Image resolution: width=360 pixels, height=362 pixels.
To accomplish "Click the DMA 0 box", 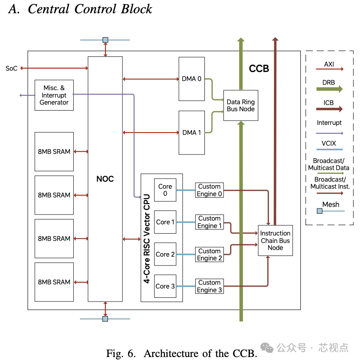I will click(192, 79).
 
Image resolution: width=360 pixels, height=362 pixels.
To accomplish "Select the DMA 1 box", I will click(192, 133).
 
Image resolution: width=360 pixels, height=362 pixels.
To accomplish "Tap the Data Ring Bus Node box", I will click(240, 106).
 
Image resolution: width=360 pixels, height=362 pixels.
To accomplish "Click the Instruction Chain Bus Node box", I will click(275, 241).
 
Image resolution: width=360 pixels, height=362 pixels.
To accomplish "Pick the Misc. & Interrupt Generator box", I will click(54, 95).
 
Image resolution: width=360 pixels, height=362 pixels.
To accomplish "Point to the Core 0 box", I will click(165, 190).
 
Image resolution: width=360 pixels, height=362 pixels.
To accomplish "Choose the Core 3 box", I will click(165, 286).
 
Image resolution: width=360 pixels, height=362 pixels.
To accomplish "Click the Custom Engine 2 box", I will click(209, 255).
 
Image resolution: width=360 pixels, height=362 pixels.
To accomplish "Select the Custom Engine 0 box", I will click(209, 190).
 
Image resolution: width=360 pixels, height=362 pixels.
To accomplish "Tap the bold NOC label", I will click(105, 179).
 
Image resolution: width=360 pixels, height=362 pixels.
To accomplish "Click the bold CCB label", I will click(259, 69).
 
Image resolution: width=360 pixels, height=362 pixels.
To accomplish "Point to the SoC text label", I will click(12, 68).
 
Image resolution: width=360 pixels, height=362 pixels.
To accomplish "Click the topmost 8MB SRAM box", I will click(54, 152).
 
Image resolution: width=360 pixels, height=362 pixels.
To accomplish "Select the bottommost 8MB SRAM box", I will click(54, 282).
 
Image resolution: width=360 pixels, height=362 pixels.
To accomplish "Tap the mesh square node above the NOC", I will click(105, 40).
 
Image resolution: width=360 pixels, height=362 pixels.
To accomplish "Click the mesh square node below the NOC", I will click(105, 319).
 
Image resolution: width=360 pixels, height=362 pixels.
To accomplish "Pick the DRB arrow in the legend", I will click(329, 89).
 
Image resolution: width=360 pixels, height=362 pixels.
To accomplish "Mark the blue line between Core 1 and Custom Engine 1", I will click(186, 222).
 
